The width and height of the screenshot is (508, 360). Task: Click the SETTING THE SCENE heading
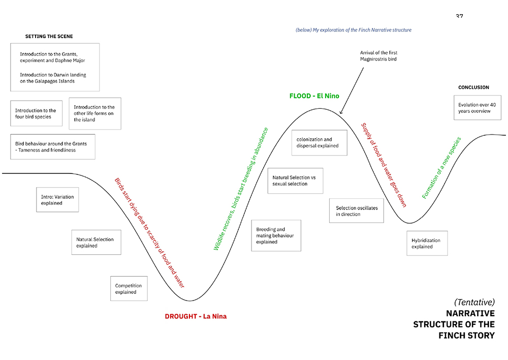[x=49, y=36]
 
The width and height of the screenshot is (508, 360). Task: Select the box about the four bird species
[x=36, y=113]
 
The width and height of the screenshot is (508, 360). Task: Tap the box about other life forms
[x=95, y=113]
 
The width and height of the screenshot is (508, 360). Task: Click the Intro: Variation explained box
[x=57, y=200]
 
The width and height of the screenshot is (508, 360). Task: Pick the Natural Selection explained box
[x=96, y=242]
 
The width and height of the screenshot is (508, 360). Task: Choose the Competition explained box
[x=129, y=289]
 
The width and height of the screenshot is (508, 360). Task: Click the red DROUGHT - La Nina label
[x=196, y=316]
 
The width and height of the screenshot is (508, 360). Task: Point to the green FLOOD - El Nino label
[x=314, y=96]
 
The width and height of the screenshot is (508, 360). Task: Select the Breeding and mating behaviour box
[x=276, y=235]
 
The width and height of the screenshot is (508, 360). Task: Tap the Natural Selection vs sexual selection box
[x=295, y=181]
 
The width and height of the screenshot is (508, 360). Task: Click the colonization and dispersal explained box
[x=320, y=143]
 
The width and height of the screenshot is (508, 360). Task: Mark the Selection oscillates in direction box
[x=357, y=211]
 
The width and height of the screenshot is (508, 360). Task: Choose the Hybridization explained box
[x=427, y=243]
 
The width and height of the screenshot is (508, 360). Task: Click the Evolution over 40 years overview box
[x=477, y=108]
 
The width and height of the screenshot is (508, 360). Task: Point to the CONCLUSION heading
[x=473, y=87]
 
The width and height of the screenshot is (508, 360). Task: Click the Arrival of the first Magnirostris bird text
[x=379, y=56]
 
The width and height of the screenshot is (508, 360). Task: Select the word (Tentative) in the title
[x=474, y=302]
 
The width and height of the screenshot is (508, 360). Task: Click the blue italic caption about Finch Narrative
[x=354, y=30]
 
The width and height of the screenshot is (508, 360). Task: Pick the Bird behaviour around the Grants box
[x=53, y=147]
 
